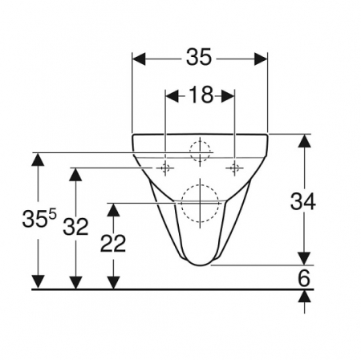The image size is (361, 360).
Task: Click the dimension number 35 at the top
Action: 199,59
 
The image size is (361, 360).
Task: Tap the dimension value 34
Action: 303,201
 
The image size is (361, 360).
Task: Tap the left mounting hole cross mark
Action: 166,168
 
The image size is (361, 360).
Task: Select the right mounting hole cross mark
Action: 234,168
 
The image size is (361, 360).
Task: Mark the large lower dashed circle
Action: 198,202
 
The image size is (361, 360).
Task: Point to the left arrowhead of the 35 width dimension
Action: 136,59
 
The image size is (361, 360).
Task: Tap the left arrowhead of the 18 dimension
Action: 170,95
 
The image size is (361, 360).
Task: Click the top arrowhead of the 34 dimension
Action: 304,140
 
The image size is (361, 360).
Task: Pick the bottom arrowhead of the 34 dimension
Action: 304,257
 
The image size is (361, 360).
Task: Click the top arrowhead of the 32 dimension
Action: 75,173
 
